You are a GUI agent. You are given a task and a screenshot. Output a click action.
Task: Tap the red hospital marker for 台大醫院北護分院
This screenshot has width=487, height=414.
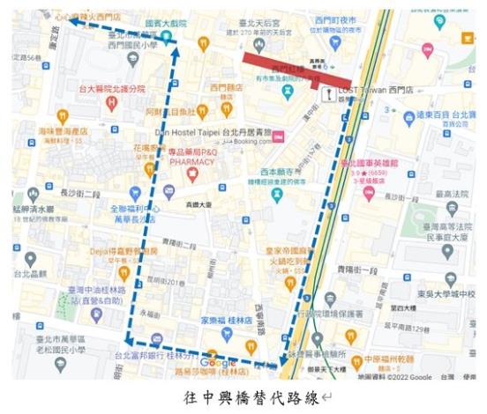tap(111, 101)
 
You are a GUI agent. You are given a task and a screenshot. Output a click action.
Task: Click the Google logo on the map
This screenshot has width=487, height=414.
tap(218, 363)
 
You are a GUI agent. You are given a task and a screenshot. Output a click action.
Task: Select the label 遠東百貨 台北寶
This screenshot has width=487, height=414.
tap(445, 114)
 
